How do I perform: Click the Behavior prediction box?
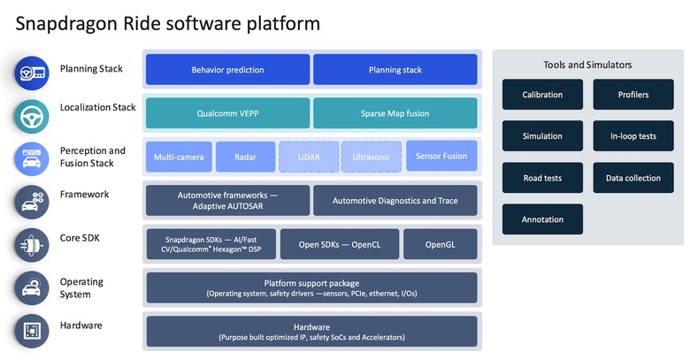point(227,69)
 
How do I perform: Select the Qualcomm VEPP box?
point(227,113)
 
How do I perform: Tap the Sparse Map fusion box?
point(395,113)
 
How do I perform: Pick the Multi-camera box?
point(179,157)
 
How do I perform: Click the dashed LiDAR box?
point(308,157)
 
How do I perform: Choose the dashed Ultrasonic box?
point(371,157)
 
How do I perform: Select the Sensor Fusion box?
point(441,156)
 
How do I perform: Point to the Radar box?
point(245,157)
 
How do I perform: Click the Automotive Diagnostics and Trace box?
point(395,201)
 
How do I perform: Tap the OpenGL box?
point(441,244)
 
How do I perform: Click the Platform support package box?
point(311,287)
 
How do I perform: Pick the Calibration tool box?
point(542,95)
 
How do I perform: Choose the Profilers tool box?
point(632,95)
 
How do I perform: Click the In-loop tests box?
point(632,136)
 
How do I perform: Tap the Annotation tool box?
point(542,219)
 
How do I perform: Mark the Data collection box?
point(632,178)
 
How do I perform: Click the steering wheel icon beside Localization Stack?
point(31,116)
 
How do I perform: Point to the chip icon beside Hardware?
point(31,331)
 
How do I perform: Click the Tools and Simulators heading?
point(587,65)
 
